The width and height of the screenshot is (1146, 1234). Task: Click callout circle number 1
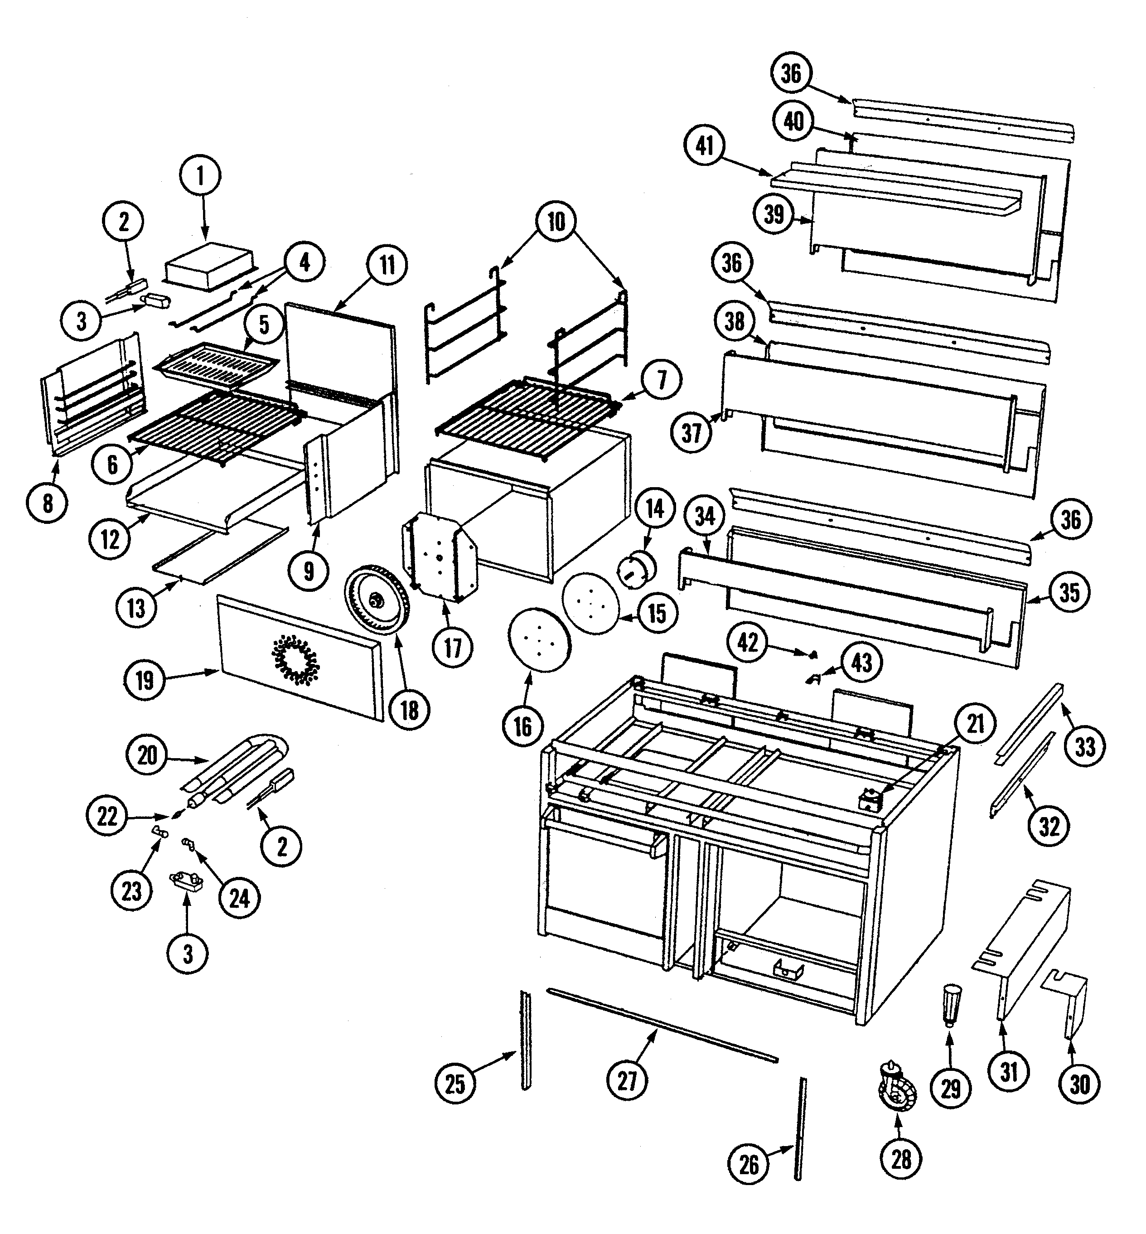[x=200, y=176]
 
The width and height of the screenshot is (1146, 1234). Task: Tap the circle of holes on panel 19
[x=295, y=659]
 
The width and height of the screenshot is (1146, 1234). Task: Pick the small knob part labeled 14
[x=637, y=566]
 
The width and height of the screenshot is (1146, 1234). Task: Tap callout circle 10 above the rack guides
[x=556, y=221]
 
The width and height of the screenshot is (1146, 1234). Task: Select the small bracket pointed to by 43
[x=812, y=679]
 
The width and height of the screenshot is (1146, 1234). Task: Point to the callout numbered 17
[x=453, y=648]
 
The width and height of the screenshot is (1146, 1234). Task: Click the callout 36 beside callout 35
[x=1071, y=520]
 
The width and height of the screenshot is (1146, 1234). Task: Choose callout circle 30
[x=1080, y=1084]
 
